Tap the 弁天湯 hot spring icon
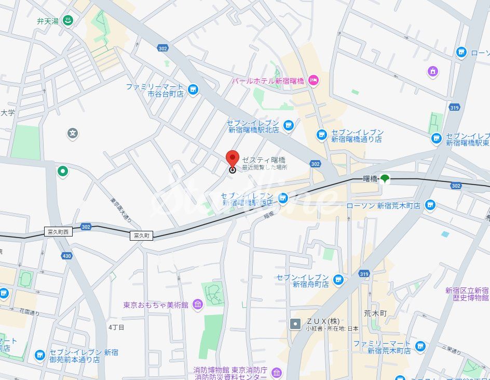67,21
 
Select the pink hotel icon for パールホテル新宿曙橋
313,80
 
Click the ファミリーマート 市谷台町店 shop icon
193,90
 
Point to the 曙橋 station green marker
385,179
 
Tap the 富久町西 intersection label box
58,231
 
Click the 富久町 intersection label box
142,235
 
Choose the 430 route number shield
66,256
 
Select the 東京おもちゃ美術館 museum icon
197,305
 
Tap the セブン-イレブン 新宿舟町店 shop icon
338,280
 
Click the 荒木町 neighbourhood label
375,313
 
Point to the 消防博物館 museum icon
276,373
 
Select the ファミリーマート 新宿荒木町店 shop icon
419,346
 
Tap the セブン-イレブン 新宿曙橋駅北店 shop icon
289,125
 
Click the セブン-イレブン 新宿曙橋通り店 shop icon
322,135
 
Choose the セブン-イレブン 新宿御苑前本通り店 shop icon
40,356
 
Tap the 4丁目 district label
117,327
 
